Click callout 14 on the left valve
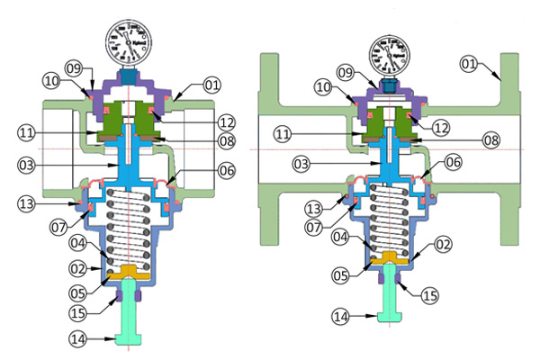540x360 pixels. [78, 339]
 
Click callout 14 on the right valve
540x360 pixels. [339, 316]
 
